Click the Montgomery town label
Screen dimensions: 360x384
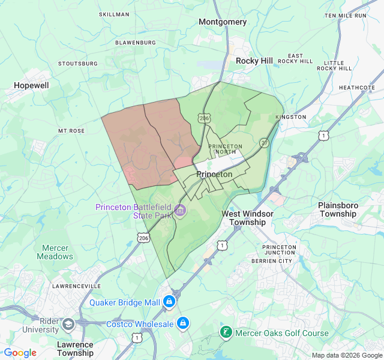point(223,22)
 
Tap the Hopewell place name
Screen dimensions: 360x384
point(31,86)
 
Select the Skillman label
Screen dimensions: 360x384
point(114,14)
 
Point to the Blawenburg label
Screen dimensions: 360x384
point(136,43)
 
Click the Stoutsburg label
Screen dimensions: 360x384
point(78,63)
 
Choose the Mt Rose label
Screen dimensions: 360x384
point(71,130)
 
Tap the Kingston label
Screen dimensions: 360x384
point(291,117)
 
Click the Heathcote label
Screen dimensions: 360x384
point(357,88)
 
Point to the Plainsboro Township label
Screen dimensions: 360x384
point(338,209)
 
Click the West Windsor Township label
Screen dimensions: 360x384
point(247,218)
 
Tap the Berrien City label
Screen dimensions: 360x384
point(280,261)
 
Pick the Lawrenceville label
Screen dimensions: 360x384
point(75,286)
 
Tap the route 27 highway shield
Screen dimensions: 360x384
point(264,143)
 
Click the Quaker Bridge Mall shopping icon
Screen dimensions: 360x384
point(170,301)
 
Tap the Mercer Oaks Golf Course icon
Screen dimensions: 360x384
point(226,332)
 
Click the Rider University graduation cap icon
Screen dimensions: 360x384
point(68,325)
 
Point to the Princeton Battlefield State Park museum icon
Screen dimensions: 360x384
point(180,211)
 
